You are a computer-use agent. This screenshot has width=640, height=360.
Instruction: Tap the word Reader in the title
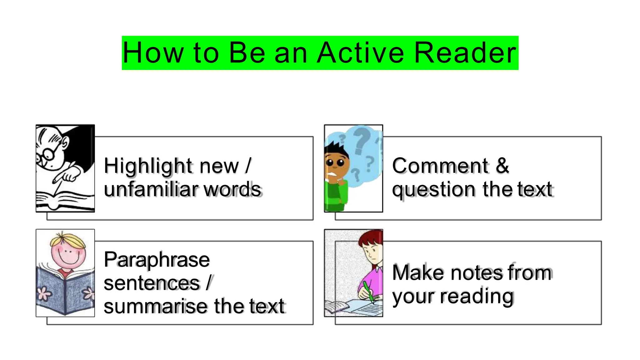pyautogui.click(x=465, y=53)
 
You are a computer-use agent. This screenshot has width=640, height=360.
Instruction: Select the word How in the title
pyautogui.click(x=153, y=53)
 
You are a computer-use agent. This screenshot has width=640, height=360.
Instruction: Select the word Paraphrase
pyautogui.click(x=157, y=260)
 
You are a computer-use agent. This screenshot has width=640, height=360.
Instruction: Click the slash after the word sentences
pyautogui.click(x=209, y=283)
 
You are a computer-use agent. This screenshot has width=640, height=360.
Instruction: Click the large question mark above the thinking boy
pyautogui.click(x=362, y=139)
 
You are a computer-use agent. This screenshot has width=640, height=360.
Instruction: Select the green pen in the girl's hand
pyautogui.click(x=368, y=291)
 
